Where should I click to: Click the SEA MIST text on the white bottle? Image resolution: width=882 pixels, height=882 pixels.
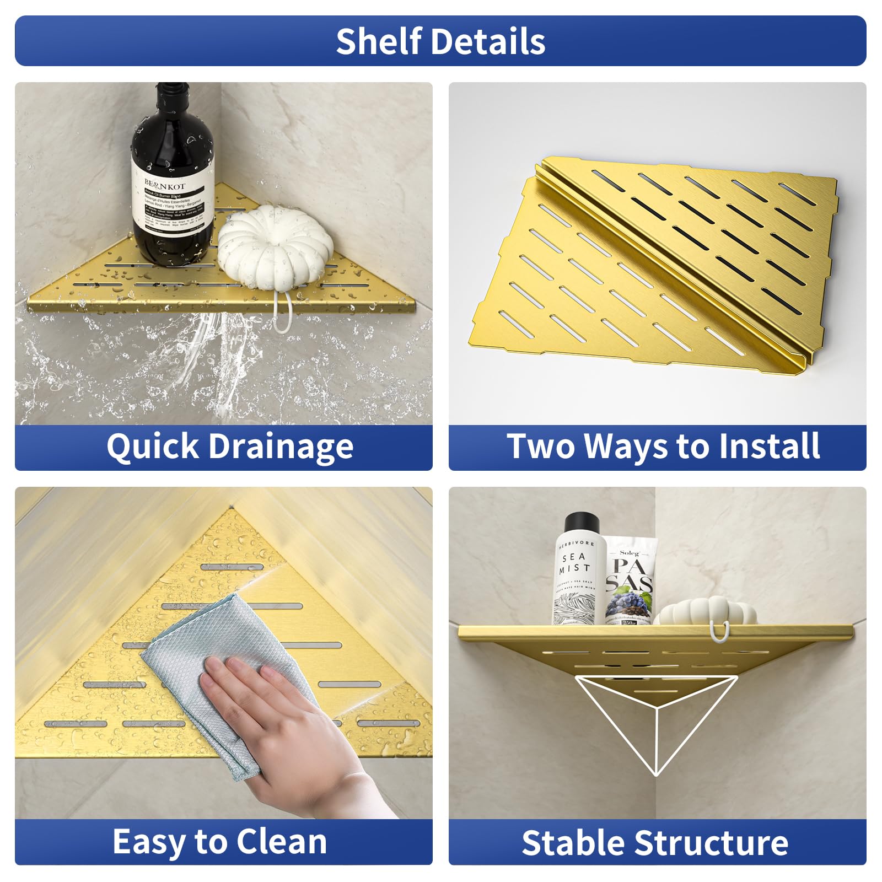[575, 562]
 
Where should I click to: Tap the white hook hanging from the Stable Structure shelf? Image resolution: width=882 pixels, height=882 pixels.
[720, 632]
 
